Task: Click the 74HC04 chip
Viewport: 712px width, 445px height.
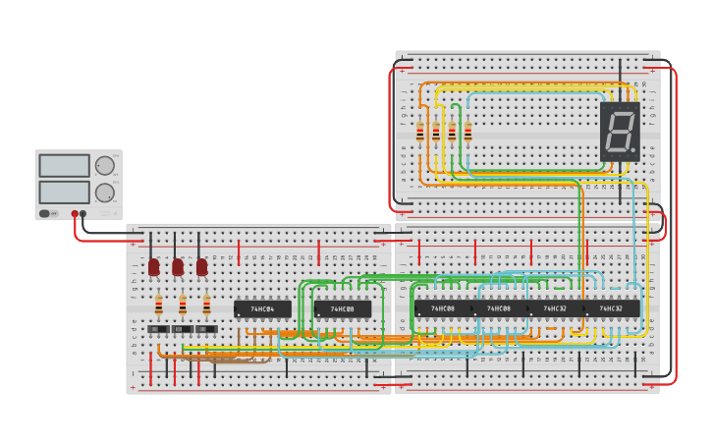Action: tap(262, 308)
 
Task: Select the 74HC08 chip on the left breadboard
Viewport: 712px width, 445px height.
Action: tap(342, 308)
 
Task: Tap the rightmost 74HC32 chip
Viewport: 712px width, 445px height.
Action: tap(611, 308)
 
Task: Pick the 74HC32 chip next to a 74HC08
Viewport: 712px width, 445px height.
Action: tap(555, 308)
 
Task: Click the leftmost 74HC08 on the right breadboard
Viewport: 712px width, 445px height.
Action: tap(442, 308)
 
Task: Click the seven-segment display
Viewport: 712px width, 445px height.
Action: tap(620, 131)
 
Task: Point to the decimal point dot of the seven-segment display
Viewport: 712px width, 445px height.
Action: tap(633, 150)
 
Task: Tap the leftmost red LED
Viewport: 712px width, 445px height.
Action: tap(154, 266)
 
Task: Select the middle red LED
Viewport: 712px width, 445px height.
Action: tap(178, 266)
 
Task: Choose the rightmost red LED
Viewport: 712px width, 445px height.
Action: tap(202, 266)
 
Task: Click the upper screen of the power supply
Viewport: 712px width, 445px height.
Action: tap(65, 165)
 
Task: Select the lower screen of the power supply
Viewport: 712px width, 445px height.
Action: tap(65, 192)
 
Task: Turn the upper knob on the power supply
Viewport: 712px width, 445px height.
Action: tap(104, 165)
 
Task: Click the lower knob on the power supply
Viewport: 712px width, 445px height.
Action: tap(104, 193)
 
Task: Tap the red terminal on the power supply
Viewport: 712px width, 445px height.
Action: tap(75, 213)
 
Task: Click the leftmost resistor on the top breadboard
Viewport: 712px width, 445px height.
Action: tap(420, 132)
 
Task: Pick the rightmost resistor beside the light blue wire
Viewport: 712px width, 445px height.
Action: tap(467, 132)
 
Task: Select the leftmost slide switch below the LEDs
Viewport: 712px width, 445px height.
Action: tap(158, 329)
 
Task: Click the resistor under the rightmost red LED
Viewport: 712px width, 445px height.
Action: tap(206, 304)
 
